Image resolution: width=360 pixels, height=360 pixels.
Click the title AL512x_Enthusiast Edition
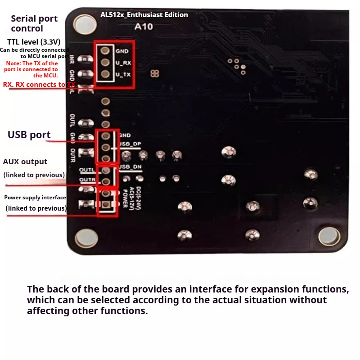pyautogui.click(x=144, y=15)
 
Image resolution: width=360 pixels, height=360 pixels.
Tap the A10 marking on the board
pyautogui.click(x=144, y=27)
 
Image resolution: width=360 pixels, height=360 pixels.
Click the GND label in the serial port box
pyautogui.click(x=122, y=51)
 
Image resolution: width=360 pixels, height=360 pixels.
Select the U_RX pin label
pyautogui.click(x=123, y=63)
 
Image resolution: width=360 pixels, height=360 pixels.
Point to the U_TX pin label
pyautogui.click(x=123, y=75)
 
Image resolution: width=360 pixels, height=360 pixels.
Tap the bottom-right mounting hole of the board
pyautogui.click(x=329, y=236)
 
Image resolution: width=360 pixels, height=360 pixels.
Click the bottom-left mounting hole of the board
pyautogui.click(x=84, y=237)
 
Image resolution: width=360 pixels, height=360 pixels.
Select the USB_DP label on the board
pyautogui.click(x=130, y=144)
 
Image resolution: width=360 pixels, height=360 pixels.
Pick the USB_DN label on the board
pyautogui.click(x=130, y=167)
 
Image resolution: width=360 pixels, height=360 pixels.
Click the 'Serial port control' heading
pyautogui.click(x=34, y=23)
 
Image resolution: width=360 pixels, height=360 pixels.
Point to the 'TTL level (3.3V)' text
pyautogui.click(x=34, y=42)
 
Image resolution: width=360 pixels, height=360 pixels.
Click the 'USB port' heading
pyautogui.click(x=29, y=135)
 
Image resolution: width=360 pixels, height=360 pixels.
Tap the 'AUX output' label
pyautogui.click(x=25, y=162)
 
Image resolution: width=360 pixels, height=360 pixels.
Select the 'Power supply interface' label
pyautogui.click(x=35, y=198)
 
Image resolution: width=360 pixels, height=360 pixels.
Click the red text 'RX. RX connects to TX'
pyautogui.click(x=39, y=84)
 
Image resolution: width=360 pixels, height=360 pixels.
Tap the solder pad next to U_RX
pyautogui.click(x=105, y=63)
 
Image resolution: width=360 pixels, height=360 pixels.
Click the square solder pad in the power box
pyautogui.click(x=106, y=205)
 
